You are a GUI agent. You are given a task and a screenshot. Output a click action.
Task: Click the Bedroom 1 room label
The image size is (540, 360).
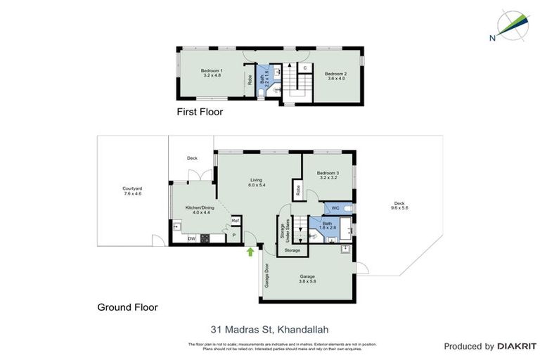pos(212,73)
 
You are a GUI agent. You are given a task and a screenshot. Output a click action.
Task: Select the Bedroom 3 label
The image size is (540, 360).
pos(327,176)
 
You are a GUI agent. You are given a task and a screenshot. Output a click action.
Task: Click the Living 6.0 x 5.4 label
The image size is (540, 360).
pos(256,183)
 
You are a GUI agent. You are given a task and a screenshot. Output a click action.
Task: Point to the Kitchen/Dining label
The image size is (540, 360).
pos(198,210)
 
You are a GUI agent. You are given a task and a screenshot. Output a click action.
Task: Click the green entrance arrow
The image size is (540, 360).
pos(250,252)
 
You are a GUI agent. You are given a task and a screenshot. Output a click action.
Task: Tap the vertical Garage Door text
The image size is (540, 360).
pos(267,276)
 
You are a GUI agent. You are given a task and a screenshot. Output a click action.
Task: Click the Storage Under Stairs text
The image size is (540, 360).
pos(284,232)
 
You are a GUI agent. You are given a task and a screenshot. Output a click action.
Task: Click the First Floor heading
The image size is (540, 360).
pos(200,112)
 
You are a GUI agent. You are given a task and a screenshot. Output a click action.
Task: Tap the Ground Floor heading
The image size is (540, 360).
pos(127,307)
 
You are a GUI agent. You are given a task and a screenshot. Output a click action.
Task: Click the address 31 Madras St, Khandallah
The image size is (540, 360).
pos(269,328)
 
